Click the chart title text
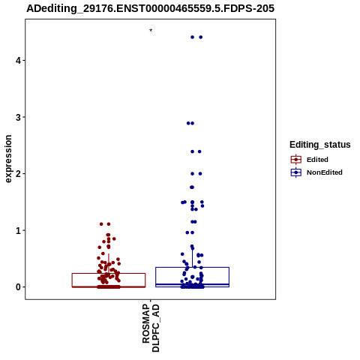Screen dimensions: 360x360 pos(151,8)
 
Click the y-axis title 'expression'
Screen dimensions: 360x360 pos(8,159)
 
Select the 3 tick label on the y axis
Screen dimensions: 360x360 pos(19,117)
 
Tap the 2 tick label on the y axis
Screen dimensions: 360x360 pos(19,174)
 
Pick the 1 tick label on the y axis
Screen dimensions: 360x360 pos(19,230)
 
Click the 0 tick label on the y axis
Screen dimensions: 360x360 pos(19,287)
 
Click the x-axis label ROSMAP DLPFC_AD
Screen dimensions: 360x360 pos(151,328)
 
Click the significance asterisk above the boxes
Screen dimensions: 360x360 pos(151,30)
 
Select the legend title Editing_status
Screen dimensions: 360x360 pos(320,145)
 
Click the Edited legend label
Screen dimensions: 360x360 pos(317,160)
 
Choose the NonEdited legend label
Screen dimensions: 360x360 pos(325,172)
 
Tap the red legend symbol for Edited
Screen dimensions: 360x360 pos(296,160)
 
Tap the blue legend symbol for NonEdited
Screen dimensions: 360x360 pos(296,172)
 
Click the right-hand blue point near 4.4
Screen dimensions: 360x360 pos(201,37)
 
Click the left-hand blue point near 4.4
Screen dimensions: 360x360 pos(192,37)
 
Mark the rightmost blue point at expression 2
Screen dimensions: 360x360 pos(200,174)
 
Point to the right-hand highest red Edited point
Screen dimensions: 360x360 pos(109,224)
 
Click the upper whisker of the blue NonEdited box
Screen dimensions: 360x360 pos(192,258)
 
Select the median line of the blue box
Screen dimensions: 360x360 pos(192,284)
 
